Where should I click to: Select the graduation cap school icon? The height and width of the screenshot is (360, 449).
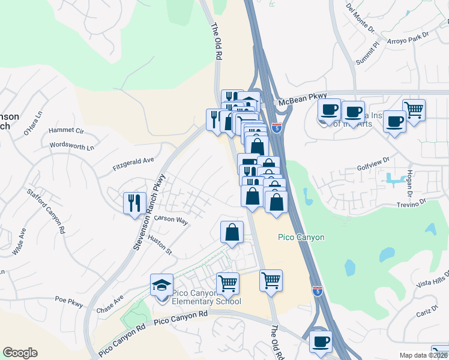[x=161, y=285]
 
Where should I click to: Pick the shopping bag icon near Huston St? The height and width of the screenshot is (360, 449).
[x=232, y=232]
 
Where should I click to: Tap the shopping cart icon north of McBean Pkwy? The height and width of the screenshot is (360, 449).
[x=414, y=110]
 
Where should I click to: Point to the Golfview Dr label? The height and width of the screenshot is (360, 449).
[x=373, y=165]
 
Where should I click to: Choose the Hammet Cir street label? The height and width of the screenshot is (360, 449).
[x=66, y=130]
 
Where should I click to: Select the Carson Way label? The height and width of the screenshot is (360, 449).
[x=171, y=220]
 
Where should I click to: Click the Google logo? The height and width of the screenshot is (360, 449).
[x=20, y=353]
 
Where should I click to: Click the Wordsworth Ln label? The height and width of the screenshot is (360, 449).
[x=72, y=146]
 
